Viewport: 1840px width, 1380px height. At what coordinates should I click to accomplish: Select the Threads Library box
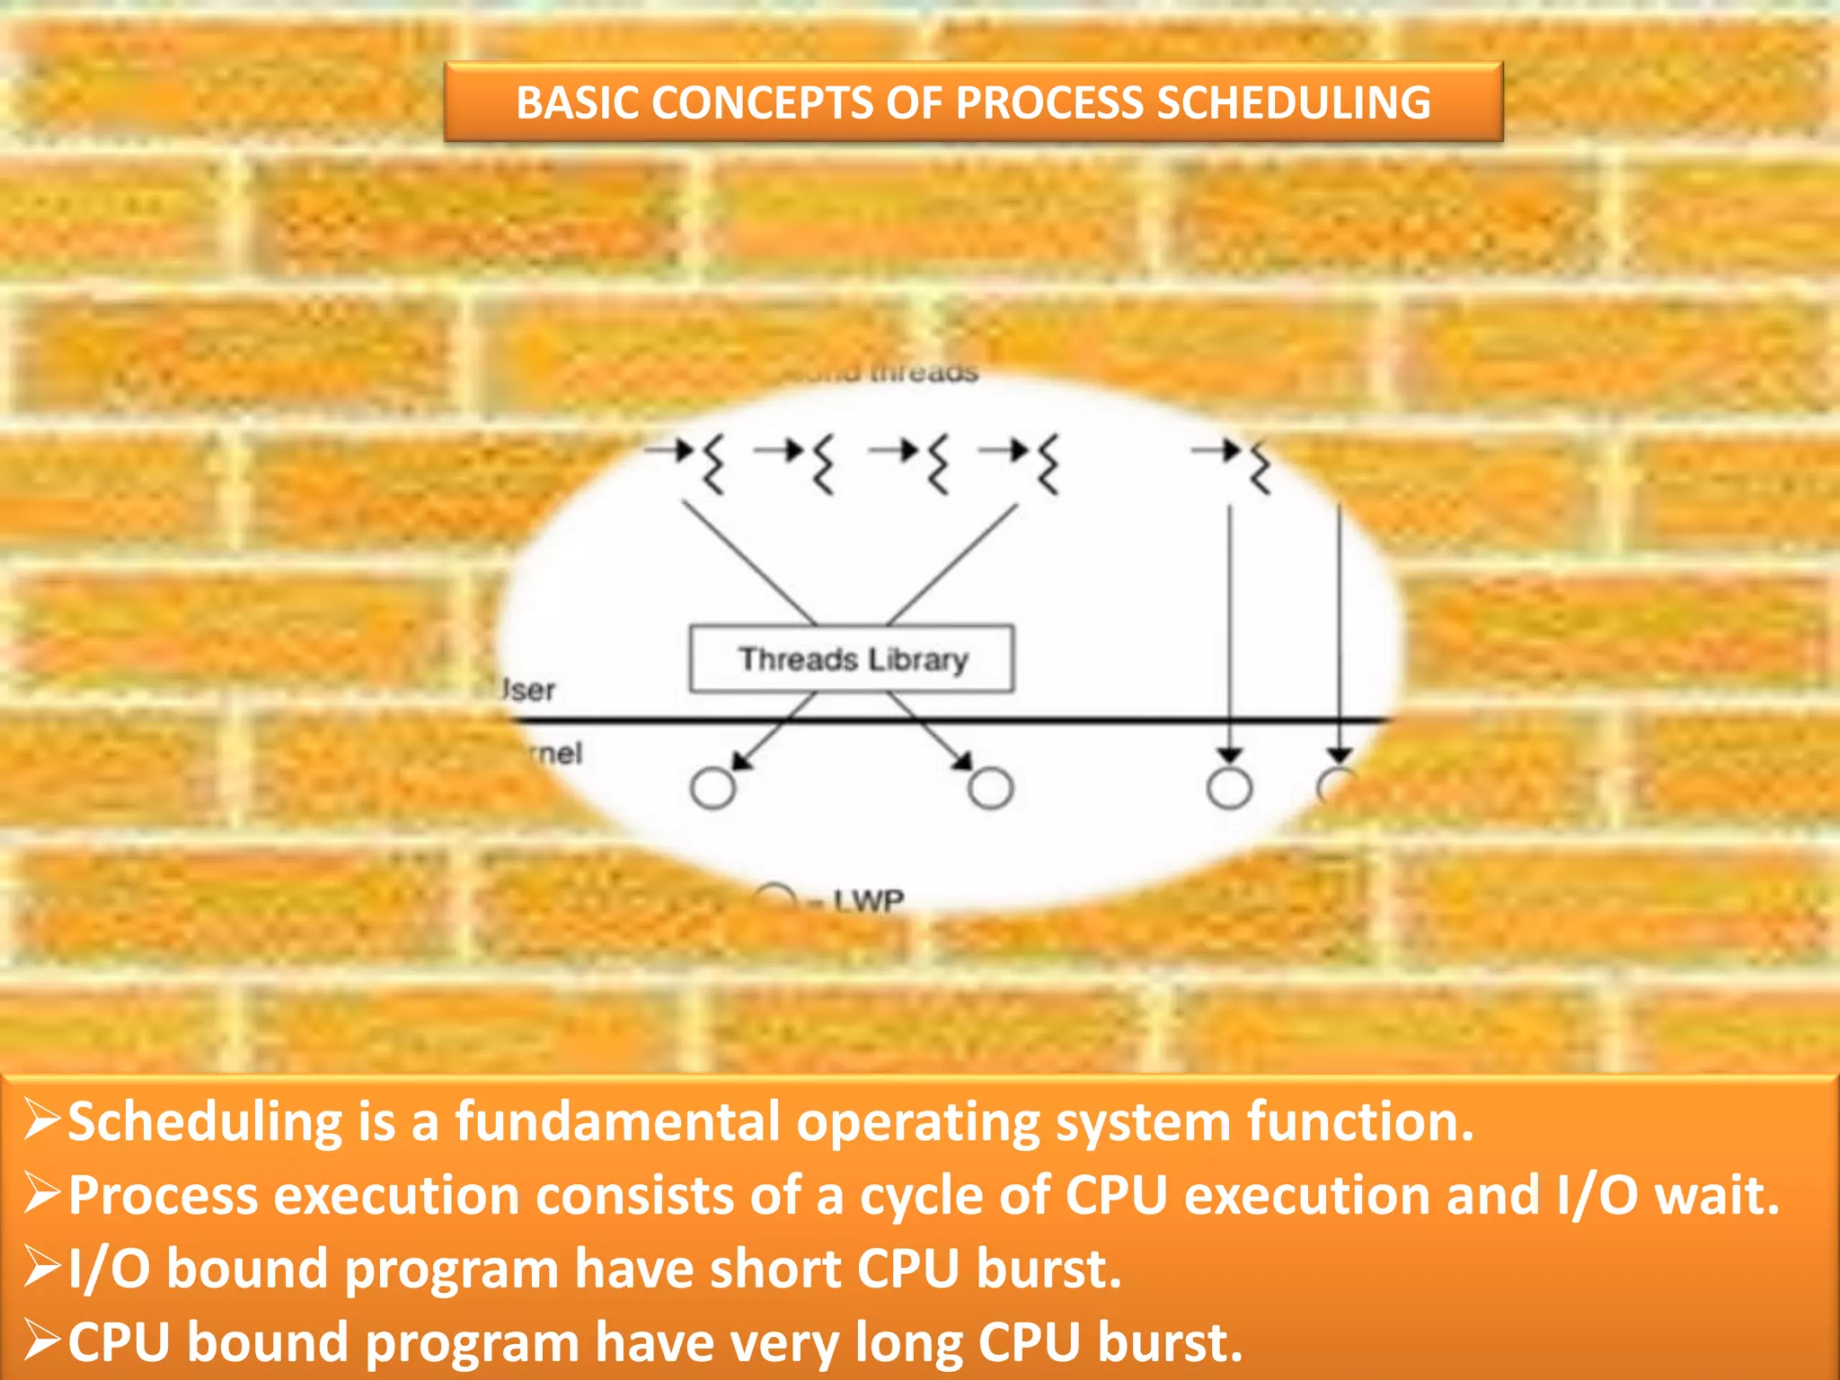click(x=851, y=659)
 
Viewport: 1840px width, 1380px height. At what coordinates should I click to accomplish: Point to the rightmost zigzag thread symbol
click(x=1261, y=466)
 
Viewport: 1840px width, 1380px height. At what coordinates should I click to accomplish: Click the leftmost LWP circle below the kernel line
click(x=712, y=788)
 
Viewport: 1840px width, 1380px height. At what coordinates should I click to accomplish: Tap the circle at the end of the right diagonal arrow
click(x=991, y=788)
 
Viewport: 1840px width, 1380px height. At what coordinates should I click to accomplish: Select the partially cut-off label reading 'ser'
click(x=528, y=690)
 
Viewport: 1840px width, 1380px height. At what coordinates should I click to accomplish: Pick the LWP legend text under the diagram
click(x=867, y=900)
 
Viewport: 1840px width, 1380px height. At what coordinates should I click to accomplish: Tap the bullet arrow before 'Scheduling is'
click(x=41, y=1120)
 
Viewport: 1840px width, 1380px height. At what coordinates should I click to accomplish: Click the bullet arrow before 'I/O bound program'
click(x=41, y=1267)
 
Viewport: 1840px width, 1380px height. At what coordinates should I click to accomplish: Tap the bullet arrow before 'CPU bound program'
click(x=41, y=1340)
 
